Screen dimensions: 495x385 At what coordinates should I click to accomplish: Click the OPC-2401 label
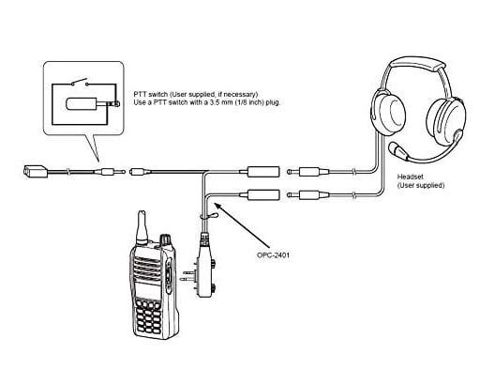[273, 254]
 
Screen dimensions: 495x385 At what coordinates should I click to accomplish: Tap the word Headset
[410, 177]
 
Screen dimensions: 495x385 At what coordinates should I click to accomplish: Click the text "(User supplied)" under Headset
[421, 185]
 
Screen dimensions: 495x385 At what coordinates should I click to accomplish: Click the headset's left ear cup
[388, 113]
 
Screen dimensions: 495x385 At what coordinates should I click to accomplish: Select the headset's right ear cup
[446, 121]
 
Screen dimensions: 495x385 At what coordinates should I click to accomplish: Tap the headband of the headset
[416, 65]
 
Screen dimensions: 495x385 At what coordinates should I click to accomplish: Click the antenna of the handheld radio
[142, 227]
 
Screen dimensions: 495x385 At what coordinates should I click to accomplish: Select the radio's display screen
[147, 290]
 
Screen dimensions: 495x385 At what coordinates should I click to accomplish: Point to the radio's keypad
[147, 317]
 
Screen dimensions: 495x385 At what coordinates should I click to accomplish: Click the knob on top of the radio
[165, 240]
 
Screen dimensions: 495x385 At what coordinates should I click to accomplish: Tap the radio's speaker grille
[147, 267]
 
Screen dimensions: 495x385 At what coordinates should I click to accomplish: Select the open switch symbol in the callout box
[80, 83]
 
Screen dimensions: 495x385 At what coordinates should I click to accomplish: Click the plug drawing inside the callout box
[93, 104]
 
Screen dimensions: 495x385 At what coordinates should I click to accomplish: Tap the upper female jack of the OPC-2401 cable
[261, 172]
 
